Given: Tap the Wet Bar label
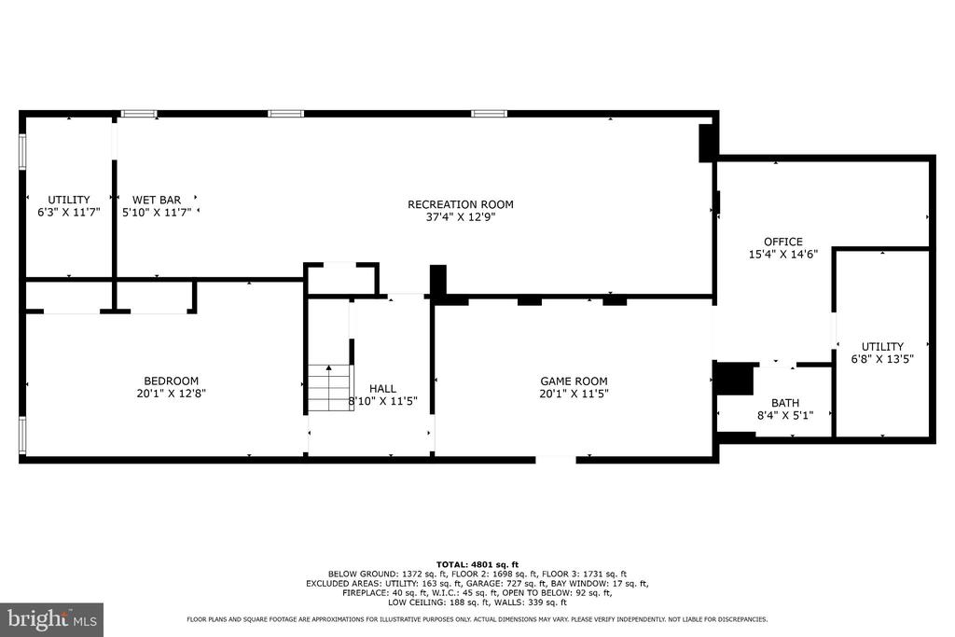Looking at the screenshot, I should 157,200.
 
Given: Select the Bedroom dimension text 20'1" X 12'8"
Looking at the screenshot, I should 171,394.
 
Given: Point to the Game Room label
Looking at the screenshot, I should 574,381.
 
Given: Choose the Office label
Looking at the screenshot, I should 782,242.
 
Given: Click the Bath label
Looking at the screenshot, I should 785,403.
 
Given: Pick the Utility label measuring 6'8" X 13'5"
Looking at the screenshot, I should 882,347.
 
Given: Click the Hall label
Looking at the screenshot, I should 382,388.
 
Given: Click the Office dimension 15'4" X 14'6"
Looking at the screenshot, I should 782,254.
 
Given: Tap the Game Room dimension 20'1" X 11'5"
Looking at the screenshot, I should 574,394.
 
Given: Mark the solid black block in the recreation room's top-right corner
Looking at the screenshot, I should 708,141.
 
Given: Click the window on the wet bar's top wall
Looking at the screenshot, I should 139,114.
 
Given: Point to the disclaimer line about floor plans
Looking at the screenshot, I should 477,618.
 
